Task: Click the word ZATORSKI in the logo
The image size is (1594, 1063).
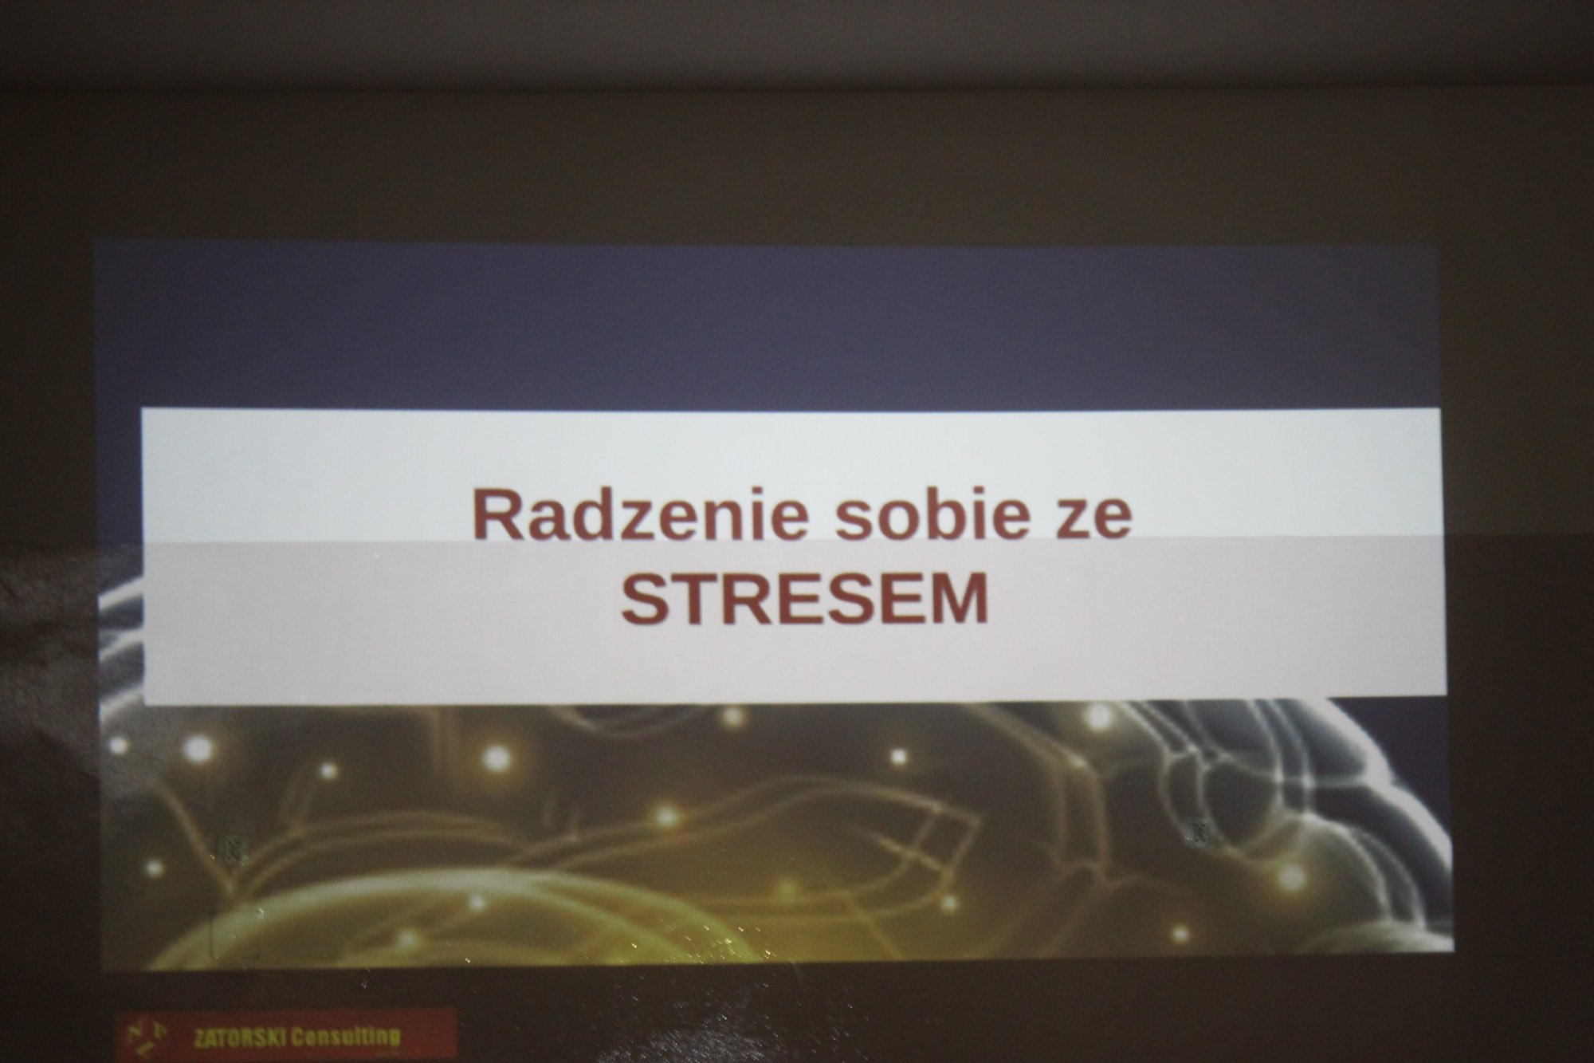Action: pos(240,1039)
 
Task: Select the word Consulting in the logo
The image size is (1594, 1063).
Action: pos(346,1038)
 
